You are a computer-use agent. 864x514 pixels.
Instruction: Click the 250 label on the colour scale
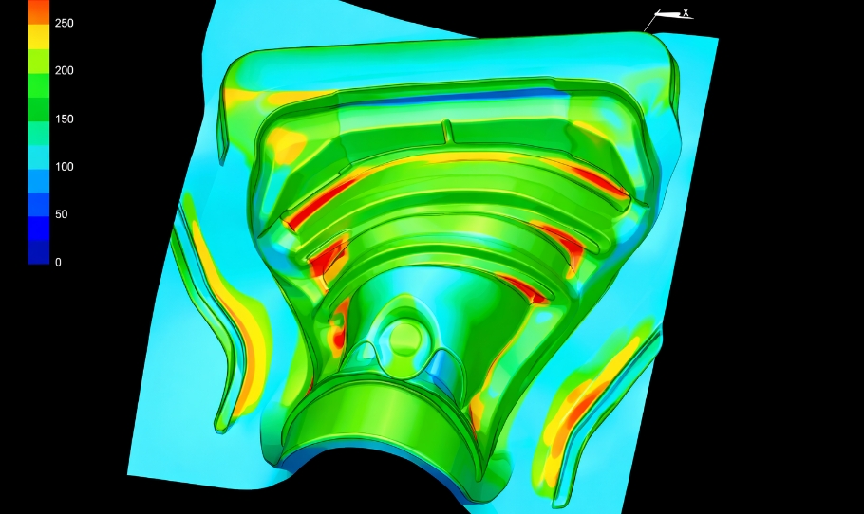tap(64, 23)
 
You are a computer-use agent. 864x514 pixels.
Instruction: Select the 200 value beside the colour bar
tap(64, 70)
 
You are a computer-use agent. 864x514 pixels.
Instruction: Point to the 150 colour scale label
tap(64, 119)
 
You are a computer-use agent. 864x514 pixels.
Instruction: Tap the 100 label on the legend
tap(64, 167)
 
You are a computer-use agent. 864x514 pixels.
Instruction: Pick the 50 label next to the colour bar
tap(61, 214)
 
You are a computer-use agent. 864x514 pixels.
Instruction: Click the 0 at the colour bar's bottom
tap(59, 263)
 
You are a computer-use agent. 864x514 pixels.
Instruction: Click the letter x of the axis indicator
tap(686, 12)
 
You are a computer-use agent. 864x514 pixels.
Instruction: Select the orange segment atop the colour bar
tap(39, 12)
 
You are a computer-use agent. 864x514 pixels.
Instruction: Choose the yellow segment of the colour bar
tap(39, 37)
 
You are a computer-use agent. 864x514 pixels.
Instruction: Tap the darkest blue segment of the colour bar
tap(39, 252)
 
